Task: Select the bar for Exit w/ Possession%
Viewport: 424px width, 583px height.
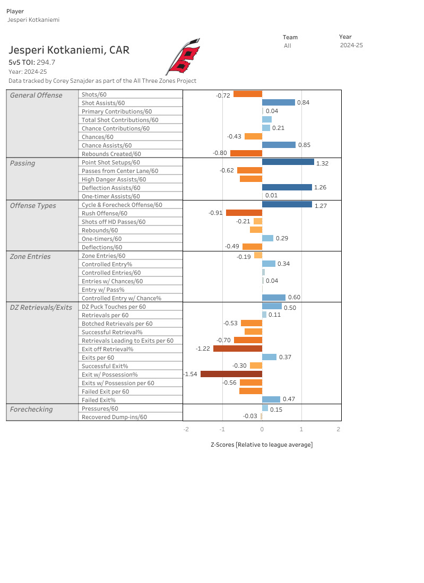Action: click(x=231, y=374)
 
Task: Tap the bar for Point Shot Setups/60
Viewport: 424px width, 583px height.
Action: click(x=288, y=162)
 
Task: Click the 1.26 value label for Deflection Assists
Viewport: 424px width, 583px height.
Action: click(x=322, y=188)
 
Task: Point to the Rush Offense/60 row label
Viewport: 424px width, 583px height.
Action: click(x=104, y=213)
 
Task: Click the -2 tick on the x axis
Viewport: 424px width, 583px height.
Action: click(x=185, y=429)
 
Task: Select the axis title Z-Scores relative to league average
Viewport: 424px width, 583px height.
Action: click(x=262, y=445)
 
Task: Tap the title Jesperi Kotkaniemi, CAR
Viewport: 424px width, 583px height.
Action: click(x=69, y=50)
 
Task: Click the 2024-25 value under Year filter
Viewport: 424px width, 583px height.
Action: click(x=351, y=46)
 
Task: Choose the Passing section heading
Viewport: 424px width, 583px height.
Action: click(x=22, y=163)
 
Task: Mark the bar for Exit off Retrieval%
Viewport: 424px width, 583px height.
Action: click(x=237, y=349)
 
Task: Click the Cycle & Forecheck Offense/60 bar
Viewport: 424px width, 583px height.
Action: click(x=287, y=204)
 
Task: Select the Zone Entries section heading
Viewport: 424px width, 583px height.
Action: click(x=30, y=256)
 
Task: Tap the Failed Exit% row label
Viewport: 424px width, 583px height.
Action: click(x=98, y=400)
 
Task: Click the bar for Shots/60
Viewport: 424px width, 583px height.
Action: click(x=247, y=94)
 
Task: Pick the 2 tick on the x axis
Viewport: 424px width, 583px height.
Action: click(x=338, y=429)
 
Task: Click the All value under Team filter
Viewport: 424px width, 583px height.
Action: click(x=287, y=46)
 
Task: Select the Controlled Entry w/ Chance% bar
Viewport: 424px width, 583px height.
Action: click(x=273, y=298)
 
